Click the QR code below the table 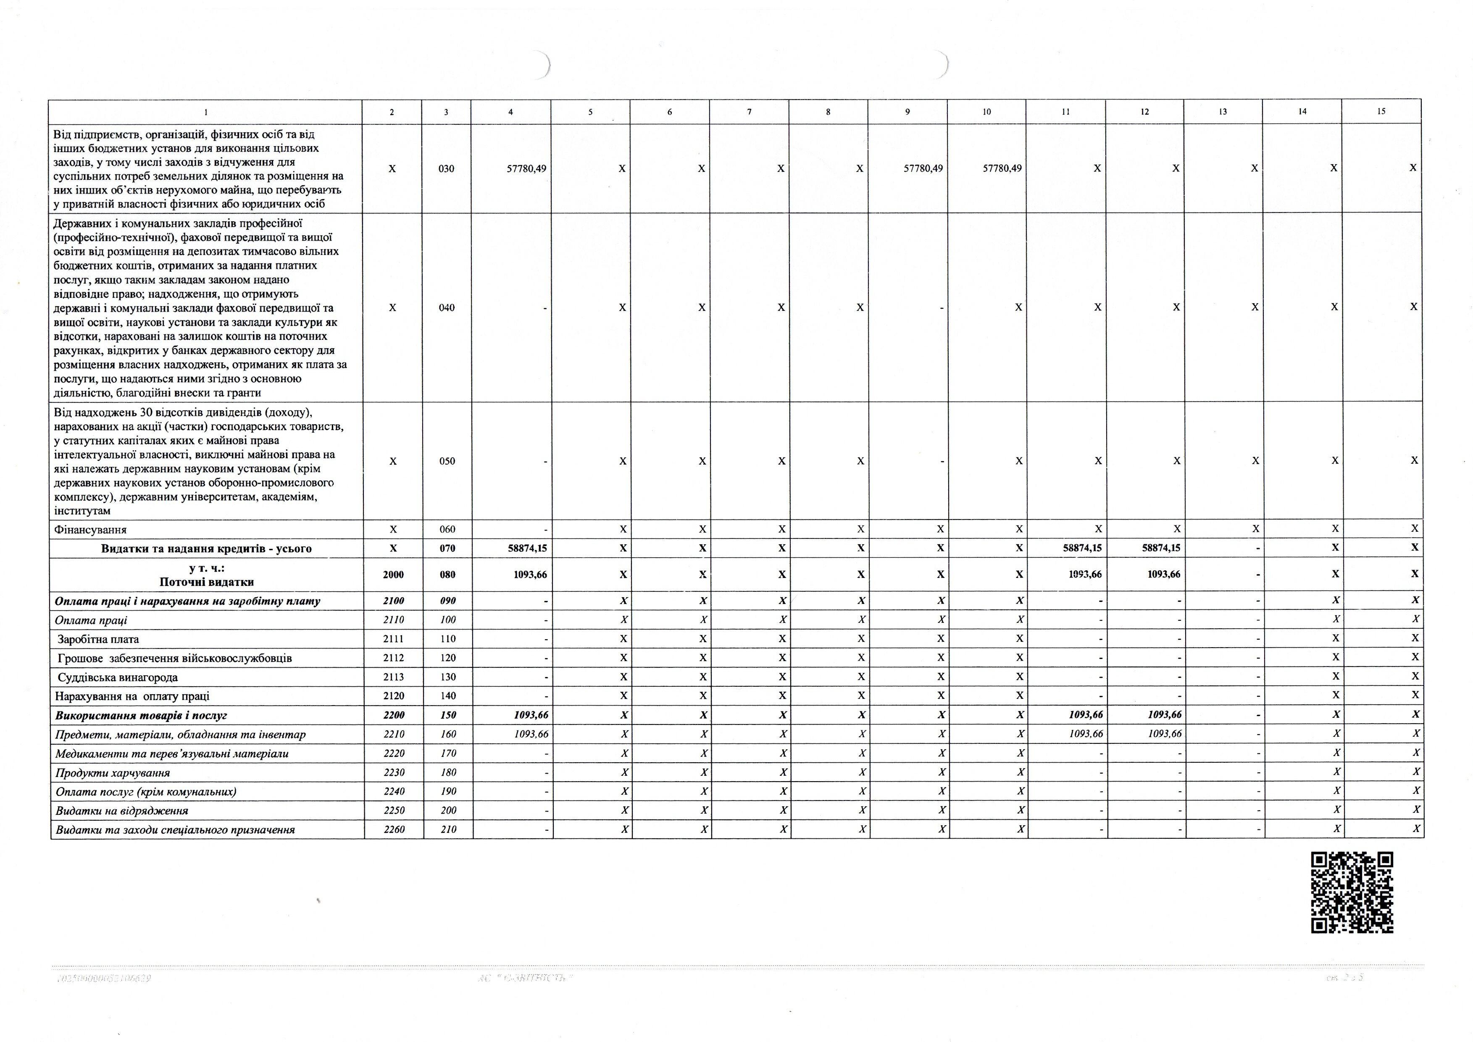coord(1352,892)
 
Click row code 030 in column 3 coord(446,169)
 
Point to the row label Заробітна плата coord(98,639)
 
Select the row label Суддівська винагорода coord(118,677)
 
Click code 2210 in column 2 coord(393,734)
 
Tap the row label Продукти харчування coord(112,772)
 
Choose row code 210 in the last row coord(449,829)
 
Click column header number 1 coord(205,112)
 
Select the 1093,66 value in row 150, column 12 coord(1164,715)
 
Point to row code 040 coord(447,308)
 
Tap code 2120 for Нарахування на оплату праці coord(393,696)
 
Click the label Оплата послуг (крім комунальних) coord(146,792)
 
